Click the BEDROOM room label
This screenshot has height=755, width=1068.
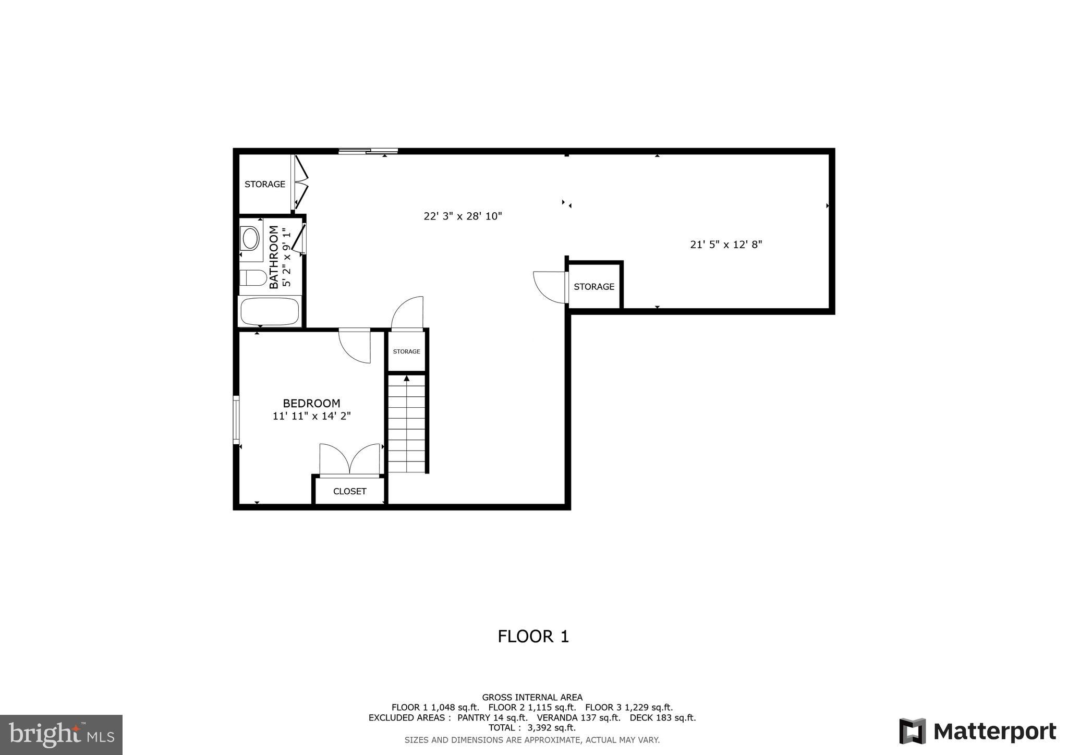pyautogui.click(x=311, y=403)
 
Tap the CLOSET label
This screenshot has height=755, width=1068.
pyautogui.click(x=349, y=491)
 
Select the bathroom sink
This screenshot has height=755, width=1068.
pyautogui.click(x=251, y=238)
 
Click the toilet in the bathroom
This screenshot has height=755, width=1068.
pyautogui.click(x=253, y=277)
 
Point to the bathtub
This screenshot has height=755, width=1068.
pyautogui.click(x=270, y=311)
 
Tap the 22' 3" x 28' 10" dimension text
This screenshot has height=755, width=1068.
pyautogui.click(x=463, y=216)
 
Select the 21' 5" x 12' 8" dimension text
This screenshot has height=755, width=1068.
pyautogui.click(x=726, y=245)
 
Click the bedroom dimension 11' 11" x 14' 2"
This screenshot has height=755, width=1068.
pyautogui.click(x=311, y=416)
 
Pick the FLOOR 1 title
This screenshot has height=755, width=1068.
pyautogui.click(x=533, y=636)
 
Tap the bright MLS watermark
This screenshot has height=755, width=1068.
pyautogui.click(x=62, y=735)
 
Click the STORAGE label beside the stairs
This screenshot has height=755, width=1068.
pyautogui.click(x=406, y=351)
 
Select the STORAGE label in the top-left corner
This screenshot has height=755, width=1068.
pyautogui.click(x=265, y=184)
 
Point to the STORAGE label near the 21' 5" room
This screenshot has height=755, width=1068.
pyautogui.click(x=594, y=287)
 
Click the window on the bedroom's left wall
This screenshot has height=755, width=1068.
pyautogui.click(x=236, y=420)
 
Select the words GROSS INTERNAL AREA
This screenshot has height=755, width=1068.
pyautogui.click(x=532, y=697)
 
